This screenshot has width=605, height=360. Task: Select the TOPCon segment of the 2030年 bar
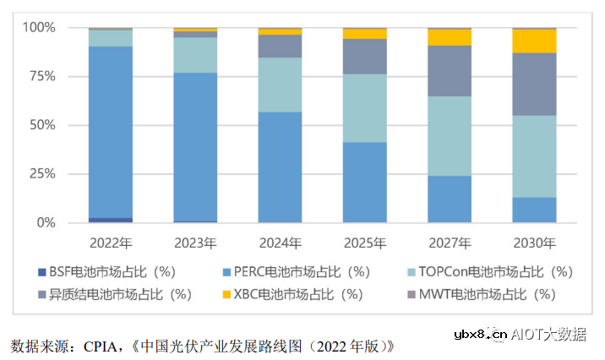coord(534,156)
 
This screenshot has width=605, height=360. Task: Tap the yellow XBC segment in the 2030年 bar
coord(534,41)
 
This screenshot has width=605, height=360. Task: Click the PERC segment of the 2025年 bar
coord(364,182)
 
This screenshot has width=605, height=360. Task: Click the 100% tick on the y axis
coord(38,28)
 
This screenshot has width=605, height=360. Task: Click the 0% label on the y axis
coord(45,223)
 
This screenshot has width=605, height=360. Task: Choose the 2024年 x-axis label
coord(280,243)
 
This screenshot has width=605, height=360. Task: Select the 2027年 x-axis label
coord(450,243)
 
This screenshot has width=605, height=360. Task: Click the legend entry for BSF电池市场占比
coord(114,271)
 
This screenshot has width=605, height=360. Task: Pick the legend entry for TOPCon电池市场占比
coord(490,271)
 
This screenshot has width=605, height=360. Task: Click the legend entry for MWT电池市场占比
coord(490,294)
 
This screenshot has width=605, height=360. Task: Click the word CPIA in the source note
coord(99,346)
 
